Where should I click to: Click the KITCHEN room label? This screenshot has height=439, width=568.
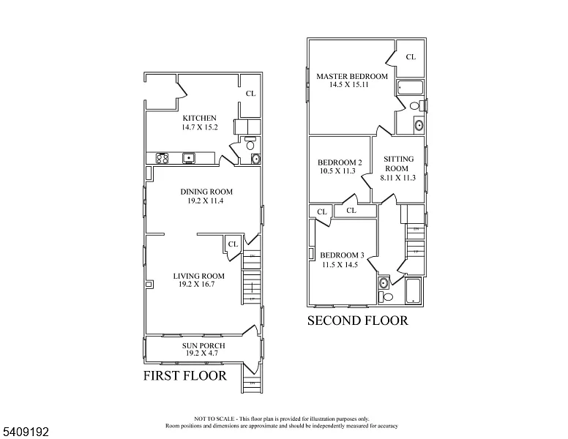pyautogui.click(x=199, y=118)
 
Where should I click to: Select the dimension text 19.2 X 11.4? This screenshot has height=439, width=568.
pyautogui.click(x=201, y=201)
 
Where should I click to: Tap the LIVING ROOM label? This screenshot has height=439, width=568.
pyautogui.click(x=198, y=276)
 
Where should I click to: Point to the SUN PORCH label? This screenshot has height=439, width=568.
pyautogui.click(x=203, y=345)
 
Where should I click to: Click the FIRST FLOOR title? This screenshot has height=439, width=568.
pyautogui.click(x=184, y=376)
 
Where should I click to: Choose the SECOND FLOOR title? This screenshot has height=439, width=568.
pyautogui.click(x=357, y=320)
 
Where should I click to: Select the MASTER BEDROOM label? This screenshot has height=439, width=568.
pyautogui.click(x=351, y=76)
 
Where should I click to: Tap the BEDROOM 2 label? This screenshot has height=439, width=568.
pyautogui.click(x=340, y=162)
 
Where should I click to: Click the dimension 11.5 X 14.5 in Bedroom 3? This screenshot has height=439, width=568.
pyautogui.click(x=340, y=265)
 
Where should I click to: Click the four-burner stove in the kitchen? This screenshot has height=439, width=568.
pyautogui.click(x=162, y=158)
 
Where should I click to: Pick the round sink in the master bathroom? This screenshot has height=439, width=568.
pyautogui.click(x=419, y=124)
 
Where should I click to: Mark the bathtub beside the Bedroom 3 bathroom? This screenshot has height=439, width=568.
pyautogui.click(x=414, y=290)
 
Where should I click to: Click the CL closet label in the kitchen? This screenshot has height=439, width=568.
pyautogui.click(x=250, y=93)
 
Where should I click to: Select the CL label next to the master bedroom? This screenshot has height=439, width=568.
pyautogui.click(x=411, y=56)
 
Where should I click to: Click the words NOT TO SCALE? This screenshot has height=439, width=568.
pyautogui.click(x=212, y=419)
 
